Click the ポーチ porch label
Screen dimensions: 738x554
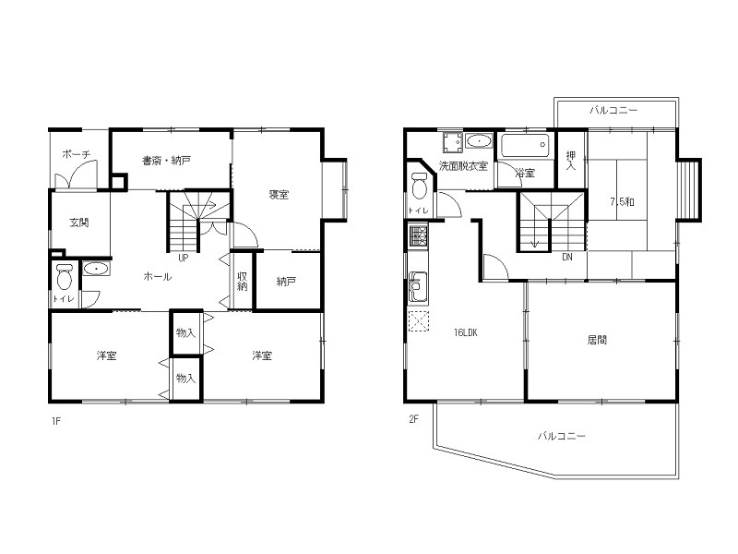coord(76,154)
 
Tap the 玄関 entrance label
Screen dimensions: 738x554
coord(79,222)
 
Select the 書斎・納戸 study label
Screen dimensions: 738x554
coord(167,161)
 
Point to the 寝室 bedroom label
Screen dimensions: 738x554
coord(279,194)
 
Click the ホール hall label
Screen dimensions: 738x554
coord(157,276)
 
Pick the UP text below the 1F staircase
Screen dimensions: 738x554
coord(183,258)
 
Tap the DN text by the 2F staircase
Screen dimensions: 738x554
coord(567,258)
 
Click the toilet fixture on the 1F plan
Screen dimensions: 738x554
coord(65,278)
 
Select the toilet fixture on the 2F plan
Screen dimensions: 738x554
coord(419,187)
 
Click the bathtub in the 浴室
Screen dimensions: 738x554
coord(525,145)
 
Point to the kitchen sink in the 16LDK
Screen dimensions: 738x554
coord(418,286)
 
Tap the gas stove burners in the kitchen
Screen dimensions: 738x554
coord(418,237)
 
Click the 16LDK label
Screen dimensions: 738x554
coord(466,332)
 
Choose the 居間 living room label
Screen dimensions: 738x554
coord(597,340)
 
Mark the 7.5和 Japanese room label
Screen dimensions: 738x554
coord(622,201)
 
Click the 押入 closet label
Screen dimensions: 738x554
coord(571,161)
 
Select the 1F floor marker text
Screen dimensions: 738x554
coord(56,421)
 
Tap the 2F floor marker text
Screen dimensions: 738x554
coord(413,419)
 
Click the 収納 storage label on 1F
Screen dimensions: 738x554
coord(242,281)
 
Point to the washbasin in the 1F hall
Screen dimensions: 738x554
coord(97,269)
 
